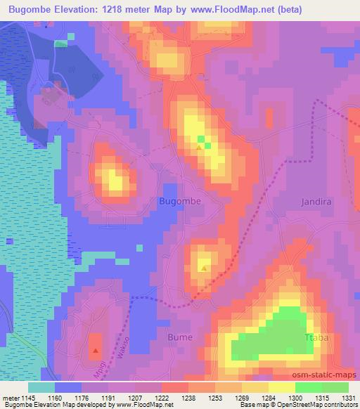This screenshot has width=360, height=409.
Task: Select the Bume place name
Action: pos(179,337)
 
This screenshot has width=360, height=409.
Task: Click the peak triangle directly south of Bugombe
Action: pos(204,268)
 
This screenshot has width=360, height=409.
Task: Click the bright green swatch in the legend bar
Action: pos(308,387)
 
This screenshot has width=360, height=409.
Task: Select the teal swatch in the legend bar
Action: pos(41,387)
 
